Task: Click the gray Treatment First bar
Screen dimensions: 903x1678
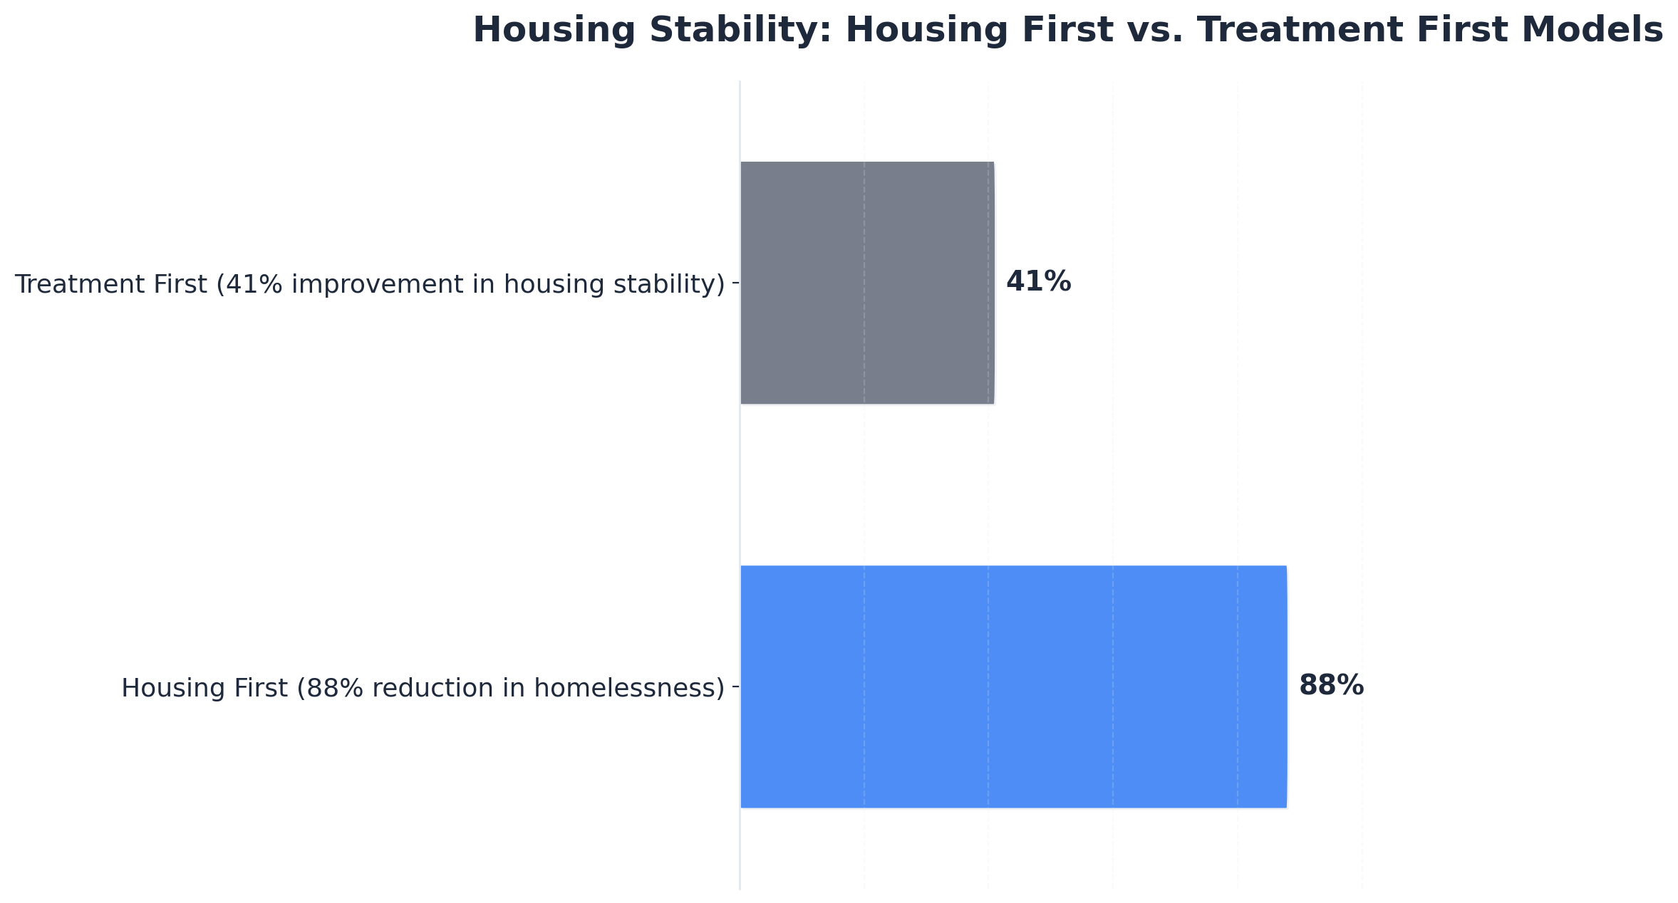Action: coord(866,283)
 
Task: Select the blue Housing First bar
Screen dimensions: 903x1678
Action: coord(1013,687)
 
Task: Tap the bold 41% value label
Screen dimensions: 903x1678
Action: coord(1037,282)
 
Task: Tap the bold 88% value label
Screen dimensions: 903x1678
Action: coord(1330,686)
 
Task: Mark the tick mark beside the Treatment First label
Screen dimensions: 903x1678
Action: coord(736,283)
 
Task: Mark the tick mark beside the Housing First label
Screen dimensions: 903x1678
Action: coord(736,687)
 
